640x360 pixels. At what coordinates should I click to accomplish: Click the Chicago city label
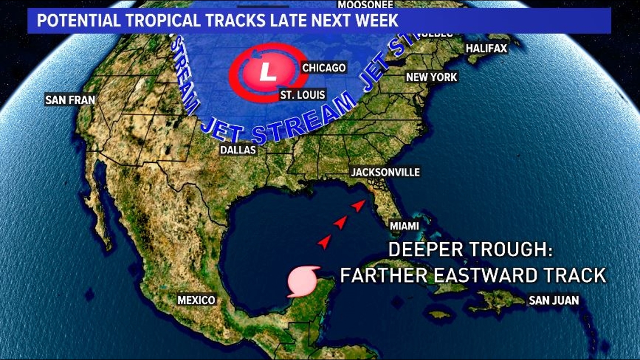click(x=324, y=68)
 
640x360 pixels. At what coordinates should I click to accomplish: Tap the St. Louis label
click(x=303, y=95)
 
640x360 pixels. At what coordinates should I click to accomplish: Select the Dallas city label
click(x=239, y=150)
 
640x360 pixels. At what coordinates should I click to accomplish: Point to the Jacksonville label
click(x=385, y=172)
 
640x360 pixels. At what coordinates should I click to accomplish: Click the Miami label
click(x=405, y=226)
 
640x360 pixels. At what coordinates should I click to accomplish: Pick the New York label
click(x=432, y=77)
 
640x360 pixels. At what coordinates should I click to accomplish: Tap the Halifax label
click(x=486, y=49)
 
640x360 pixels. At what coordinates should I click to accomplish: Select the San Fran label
click(x=70, y=100)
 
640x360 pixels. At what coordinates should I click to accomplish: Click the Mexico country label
click(x=196, y=300)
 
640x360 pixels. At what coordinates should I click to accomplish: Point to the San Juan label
click(x=554, y=300)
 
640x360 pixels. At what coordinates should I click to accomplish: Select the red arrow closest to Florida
click(x=358, y=206)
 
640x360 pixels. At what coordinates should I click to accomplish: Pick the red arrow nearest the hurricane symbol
click(x=324, y=242)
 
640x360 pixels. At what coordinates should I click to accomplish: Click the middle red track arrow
click(x=340, y=223)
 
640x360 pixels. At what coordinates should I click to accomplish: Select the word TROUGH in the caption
click(x=499, y=249)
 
